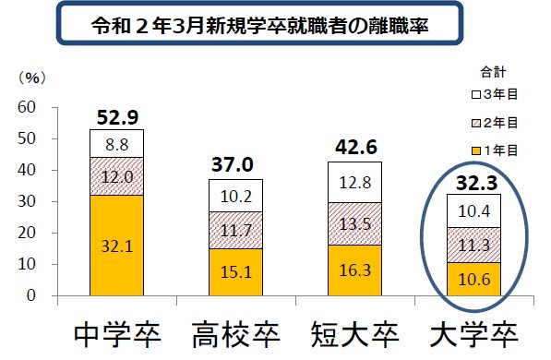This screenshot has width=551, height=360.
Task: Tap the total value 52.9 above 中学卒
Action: (115, 116)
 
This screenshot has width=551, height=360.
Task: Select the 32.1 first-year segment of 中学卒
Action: (116, 246)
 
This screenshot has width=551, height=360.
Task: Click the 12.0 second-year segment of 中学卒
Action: (116, 176)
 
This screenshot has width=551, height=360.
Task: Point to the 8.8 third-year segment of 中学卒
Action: (116, 143)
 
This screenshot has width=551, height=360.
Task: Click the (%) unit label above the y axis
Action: (30, 79)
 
